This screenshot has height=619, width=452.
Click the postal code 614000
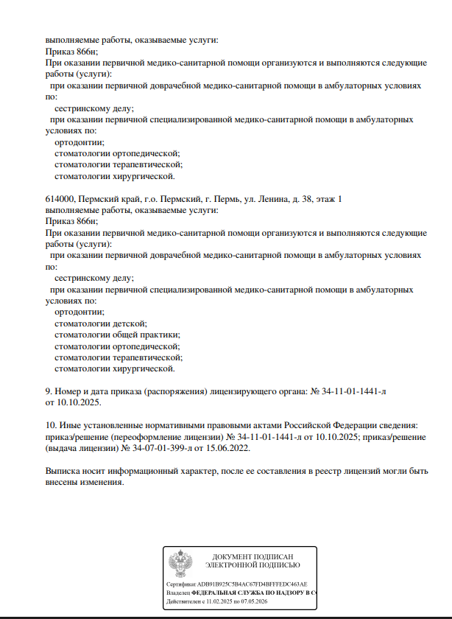point(60,200)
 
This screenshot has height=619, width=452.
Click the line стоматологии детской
point(102,324)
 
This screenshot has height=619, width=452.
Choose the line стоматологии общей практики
point(117,335)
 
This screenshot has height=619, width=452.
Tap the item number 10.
point(51,425)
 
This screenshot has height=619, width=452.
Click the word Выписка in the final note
point(63,470)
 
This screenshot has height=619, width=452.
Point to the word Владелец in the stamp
point(179,592)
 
